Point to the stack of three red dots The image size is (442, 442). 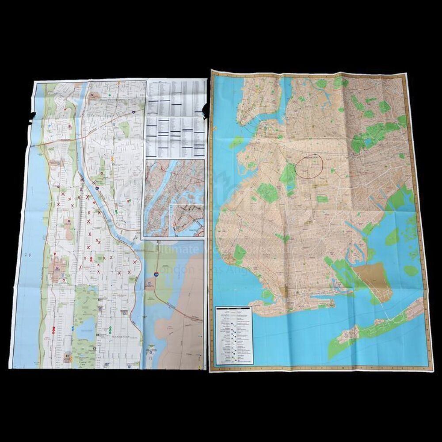click(53, 329)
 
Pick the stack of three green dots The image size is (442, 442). click(109, 329)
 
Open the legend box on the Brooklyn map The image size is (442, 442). click(233, 335)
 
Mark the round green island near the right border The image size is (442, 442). click(411, 271)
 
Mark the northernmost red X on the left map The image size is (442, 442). click(82, 180)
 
